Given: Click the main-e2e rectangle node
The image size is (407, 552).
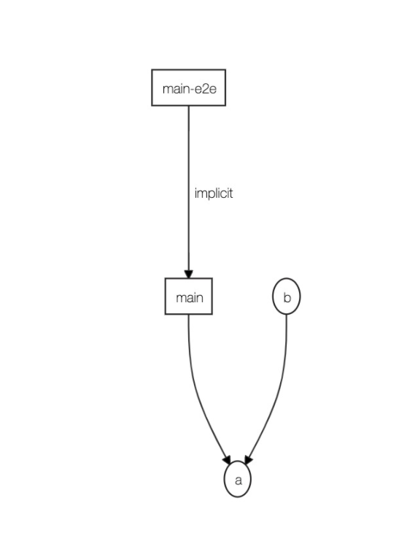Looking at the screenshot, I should click(x=188, y=88).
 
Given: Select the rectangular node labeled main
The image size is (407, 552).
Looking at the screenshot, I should click(x=189, y=296).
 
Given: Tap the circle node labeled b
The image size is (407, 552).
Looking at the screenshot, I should click(x=286, y=297).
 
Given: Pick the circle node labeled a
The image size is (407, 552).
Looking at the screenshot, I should click(x=237, y=480).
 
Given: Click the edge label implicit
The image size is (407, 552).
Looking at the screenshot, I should click(x=214, y=193).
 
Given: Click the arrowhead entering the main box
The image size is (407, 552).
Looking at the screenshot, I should click(x=189, y=273).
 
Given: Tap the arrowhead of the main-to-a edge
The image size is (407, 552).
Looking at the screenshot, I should click(x=227, y=459).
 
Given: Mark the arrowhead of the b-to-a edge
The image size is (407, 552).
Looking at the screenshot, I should click(x=248, y=459).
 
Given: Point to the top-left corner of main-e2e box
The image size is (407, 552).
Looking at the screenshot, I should click(x=152, y=71).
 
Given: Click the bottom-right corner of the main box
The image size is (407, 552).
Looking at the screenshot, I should click(x=212, y=314).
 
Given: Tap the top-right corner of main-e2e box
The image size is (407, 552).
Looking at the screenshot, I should click(x=225, y=71).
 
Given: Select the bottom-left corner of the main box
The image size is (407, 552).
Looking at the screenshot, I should click(x=166, y=314).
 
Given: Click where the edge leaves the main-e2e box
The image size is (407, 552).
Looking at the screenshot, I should click(x=189, y=106).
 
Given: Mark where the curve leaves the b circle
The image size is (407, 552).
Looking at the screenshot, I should click(x=286, y=315).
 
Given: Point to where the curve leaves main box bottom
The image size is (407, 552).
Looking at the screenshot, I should click(x=189, y=315).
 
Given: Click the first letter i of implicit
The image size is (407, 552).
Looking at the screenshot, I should click(x=195, y=193).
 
